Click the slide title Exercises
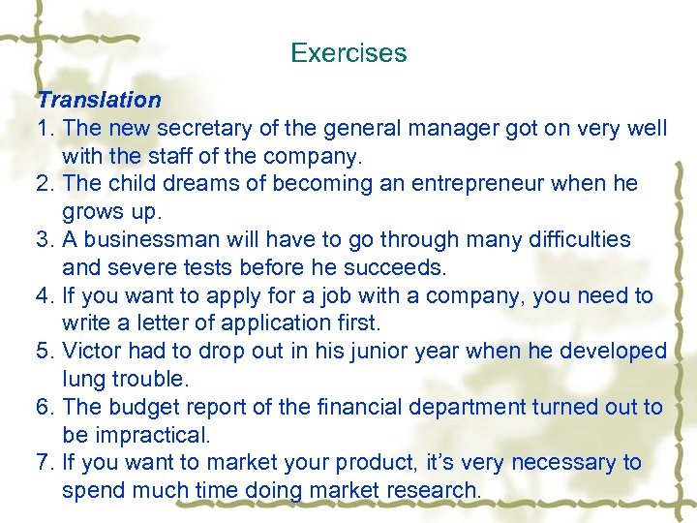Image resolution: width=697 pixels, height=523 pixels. [348, 52]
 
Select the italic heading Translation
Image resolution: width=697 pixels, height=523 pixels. [99, 100]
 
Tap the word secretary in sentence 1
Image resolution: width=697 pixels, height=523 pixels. [196, 128]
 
